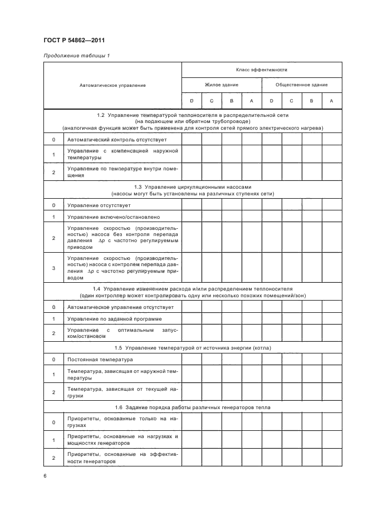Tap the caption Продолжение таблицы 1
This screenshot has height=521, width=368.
coord(72,56)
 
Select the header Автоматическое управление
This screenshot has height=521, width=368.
coord(112,85)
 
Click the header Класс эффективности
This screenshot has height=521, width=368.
coord(262,70)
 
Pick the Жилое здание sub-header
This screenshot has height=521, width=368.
coord(222,85)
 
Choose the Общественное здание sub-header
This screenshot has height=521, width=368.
coord(302,85)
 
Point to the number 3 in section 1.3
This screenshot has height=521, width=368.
coord(53,268)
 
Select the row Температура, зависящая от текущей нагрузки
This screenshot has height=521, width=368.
coord(122,392)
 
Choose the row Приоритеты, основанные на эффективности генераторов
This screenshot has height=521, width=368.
coord(122,458)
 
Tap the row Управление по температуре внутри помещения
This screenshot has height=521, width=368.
coord(122,172)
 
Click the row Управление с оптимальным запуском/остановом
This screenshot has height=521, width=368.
coord(122,333)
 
